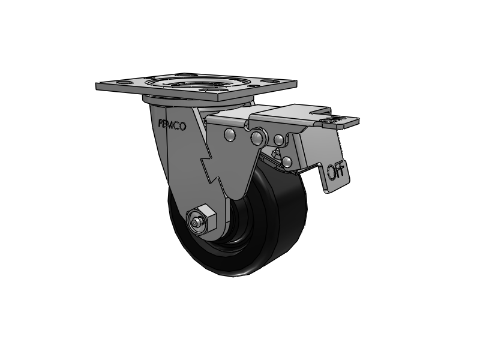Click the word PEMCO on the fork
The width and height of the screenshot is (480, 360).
[x=172, y=125]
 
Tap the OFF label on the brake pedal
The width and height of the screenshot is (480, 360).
[x=336, y=172]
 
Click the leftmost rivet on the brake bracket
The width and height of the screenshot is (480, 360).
[x=230, y=134]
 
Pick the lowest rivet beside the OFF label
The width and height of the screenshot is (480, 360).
[x=287, y=161]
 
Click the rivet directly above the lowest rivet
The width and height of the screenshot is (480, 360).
[x=279, y=140]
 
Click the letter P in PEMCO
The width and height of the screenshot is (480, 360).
[x=160, y=124]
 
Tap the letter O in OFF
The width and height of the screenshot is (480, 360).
[x=331, y=173]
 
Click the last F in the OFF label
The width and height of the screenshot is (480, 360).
[x=342, y=170]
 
